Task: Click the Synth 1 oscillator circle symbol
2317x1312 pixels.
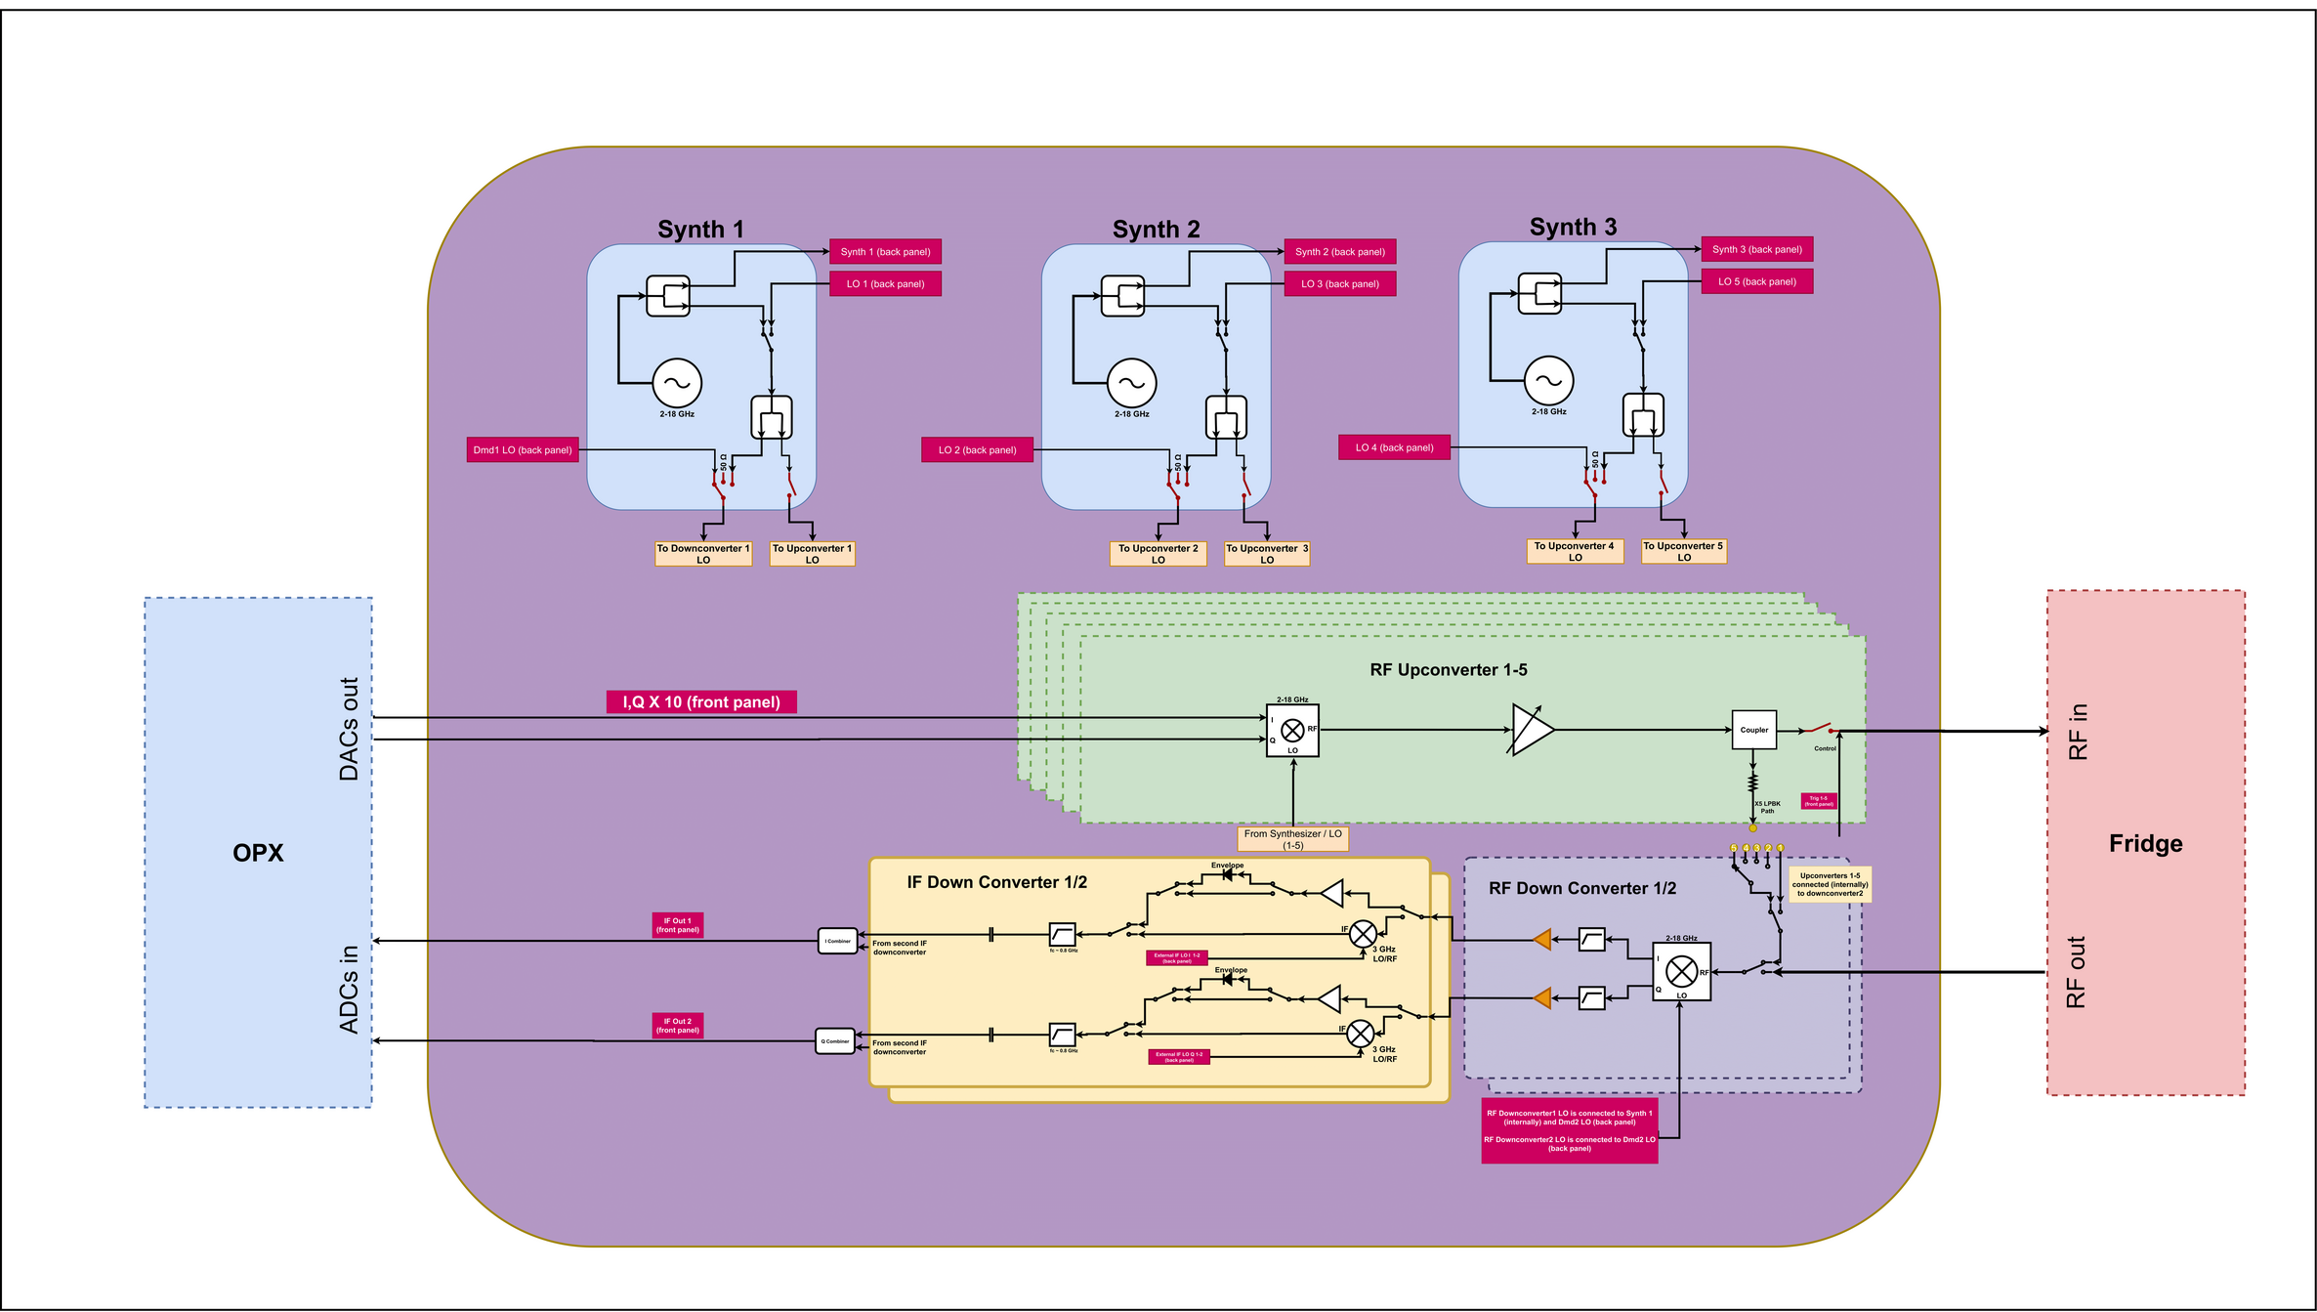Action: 677,383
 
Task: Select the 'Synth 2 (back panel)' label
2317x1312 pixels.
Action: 1339,252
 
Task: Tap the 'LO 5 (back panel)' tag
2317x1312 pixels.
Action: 1756,282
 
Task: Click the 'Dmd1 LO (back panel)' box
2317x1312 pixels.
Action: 523,450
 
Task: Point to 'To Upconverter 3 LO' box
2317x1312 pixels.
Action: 1266,554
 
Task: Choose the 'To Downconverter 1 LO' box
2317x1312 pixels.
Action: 703,554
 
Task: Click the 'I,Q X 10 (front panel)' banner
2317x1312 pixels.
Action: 701,702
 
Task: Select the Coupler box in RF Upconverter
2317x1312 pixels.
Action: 1753,730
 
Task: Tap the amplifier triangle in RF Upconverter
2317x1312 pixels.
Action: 1531,730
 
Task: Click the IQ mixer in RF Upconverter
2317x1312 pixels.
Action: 1292,731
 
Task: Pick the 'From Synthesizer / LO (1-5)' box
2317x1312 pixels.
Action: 1292,839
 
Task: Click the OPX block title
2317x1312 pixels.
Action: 258,853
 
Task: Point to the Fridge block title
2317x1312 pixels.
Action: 2145,844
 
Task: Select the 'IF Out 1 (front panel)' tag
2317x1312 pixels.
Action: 677,925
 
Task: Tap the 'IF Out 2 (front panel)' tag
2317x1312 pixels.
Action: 677,1026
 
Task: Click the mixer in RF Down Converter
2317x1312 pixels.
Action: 1681,971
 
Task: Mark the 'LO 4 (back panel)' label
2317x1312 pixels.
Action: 1394,448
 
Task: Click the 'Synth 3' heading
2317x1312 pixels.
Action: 1573,228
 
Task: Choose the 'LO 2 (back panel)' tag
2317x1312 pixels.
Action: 977,450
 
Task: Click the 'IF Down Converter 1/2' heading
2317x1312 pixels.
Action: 996,883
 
